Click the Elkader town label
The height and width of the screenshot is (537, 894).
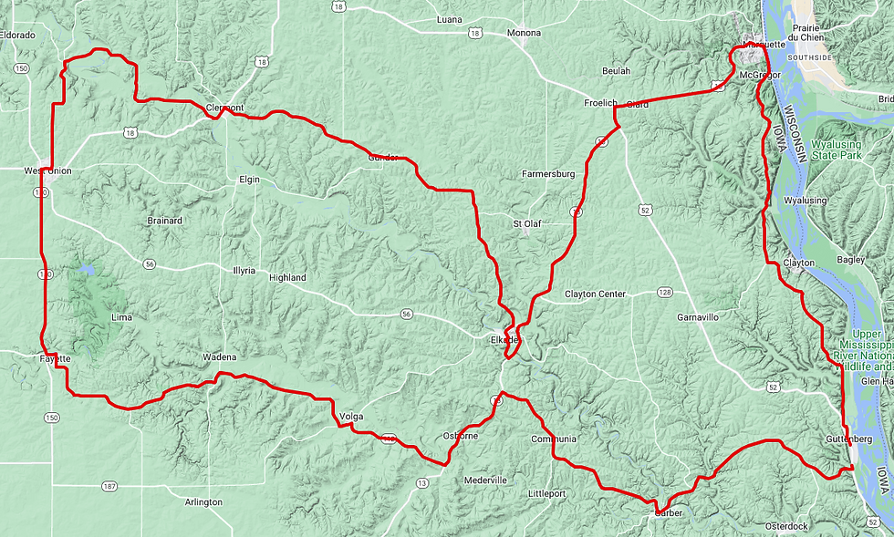504,340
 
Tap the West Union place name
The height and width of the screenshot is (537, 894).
47,170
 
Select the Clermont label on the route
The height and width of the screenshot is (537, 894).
225,108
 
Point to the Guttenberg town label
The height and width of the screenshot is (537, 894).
849,439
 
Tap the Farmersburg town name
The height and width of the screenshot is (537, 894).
548,173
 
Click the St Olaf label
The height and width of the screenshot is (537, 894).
527,222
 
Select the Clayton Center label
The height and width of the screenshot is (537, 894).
595,294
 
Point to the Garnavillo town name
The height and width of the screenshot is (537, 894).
699,317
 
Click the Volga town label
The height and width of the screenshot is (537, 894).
351,417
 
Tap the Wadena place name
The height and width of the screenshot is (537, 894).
219,356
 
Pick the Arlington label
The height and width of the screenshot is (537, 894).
203,502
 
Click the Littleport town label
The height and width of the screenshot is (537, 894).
547,493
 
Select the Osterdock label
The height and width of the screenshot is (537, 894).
786,526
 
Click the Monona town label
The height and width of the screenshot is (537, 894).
524,33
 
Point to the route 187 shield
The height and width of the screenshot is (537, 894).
109,486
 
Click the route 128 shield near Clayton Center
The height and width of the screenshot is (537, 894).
664,293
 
